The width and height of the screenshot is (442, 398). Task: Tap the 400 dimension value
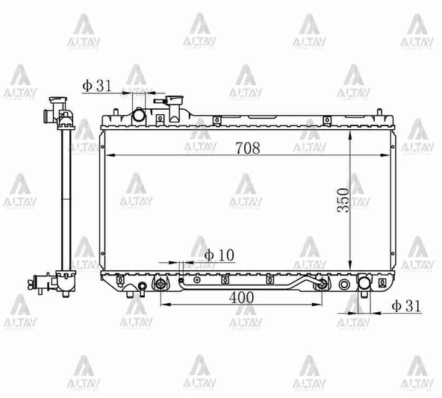[240, 297]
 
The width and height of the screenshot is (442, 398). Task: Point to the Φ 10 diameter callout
[218, 255]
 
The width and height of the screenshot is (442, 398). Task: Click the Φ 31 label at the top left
[97, 86]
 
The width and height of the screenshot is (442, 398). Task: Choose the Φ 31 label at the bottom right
[407, 305]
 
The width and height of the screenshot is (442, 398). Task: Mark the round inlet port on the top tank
[138, 114]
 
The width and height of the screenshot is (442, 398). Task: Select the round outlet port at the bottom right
[364, 284]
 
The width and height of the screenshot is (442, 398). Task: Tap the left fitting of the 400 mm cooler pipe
[160, 284]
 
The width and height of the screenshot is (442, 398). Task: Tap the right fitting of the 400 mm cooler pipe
[320, 284]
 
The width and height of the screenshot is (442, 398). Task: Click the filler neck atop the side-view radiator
[55, 102]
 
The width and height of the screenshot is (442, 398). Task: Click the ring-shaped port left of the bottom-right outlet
[344, 284]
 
